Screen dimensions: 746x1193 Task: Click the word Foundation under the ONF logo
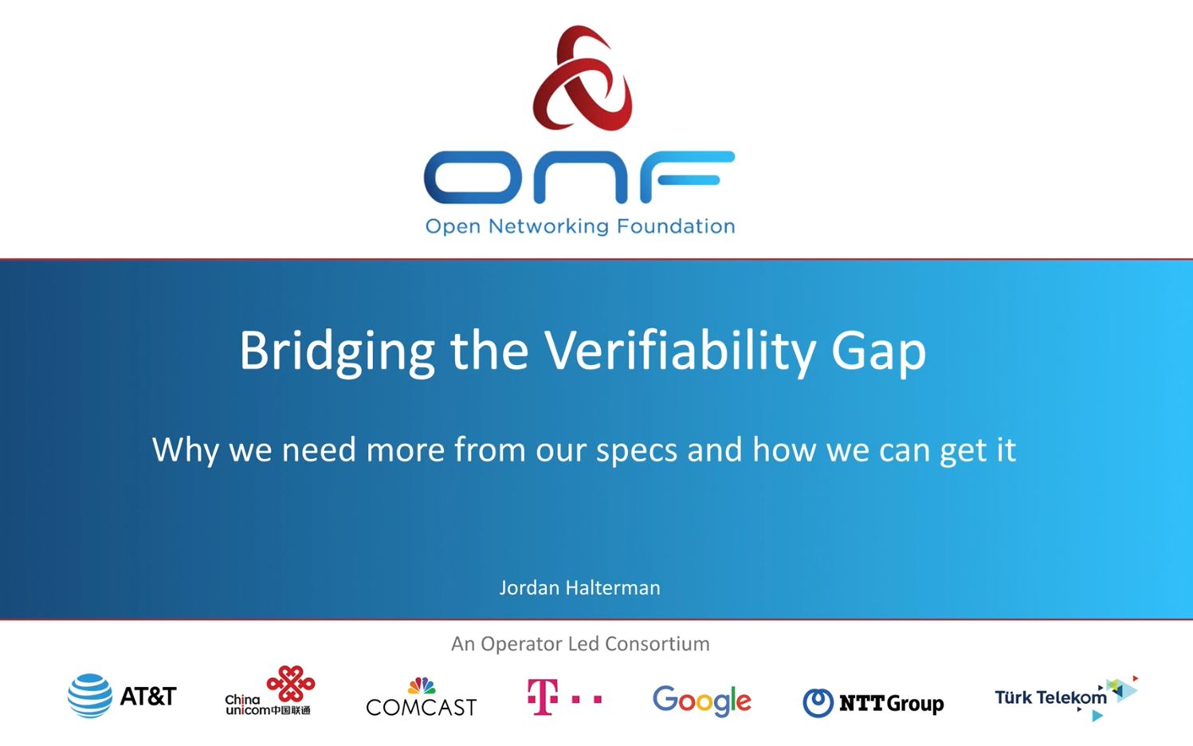pyautogui.click(x=676, y=226)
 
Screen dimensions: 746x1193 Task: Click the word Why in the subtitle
pyautogui.click(x=185, y=450)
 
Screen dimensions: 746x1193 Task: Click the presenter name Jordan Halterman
pyautogui.click(x=579, y=588)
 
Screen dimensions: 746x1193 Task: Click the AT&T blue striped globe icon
pyautogui.click(x=89, y=696)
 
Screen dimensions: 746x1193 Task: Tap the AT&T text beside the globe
pyautogui.click(x=147, y=697)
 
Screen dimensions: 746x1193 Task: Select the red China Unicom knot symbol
pyautogui.click(x=291, y=683)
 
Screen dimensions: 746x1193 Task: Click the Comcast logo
pyautogui.click(x=421, y=700)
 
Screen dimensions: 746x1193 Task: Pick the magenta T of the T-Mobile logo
pyautogui.click(x=542, y=697)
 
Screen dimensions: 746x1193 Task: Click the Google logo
pyautogui.click(x=701, y=701)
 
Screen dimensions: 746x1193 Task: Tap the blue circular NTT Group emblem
pyautogui.click(x=818, y=703)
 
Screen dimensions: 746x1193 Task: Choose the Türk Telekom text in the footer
pyautogui.click(x=1050, y=698)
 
